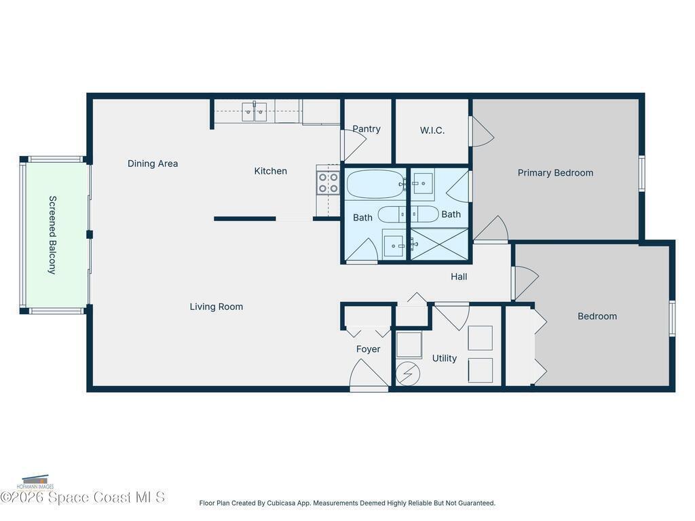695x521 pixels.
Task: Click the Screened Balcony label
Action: pos(52,235)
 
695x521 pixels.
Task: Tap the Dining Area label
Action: pos(153,163)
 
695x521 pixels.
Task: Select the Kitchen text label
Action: pos(270,171)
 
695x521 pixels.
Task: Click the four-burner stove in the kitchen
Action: pos(328,183)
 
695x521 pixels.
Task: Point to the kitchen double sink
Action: pos(254,112)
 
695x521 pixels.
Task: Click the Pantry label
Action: pos(367,129)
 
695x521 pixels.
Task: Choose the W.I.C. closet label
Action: pos(432,130)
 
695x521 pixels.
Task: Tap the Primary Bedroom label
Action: pos(555,173)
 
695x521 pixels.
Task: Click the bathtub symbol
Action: pos(375,184)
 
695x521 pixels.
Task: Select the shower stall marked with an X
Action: pos(439,244)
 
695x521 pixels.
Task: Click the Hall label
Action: pos(459,277)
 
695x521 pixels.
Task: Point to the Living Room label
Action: pos(217,307)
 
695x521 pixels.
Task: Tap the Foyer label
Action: pos(369,349)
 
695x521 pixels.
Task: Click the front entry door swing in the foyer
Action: pos(369,374)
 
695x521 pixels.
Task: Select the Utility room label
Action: pos(444,358)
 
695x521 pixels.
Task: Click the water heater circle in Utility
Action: pos(407,373)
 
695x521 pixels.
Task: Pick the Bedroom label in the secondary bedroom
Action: pos(597,316)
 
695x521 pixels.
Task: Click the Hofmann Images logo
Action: pos(35,482)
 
